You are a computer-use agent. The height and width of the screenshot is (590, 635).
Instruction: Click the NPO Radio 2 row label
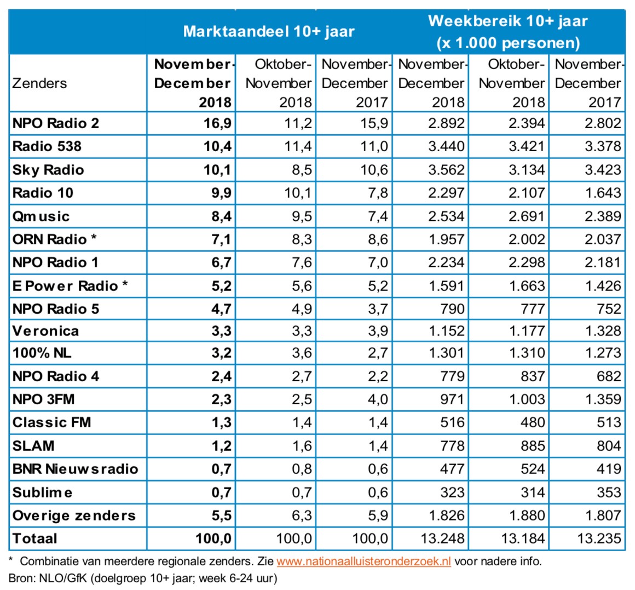click(56, 123)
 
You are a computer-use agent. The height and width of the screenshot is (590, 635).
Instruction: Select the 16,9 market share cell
click(217, 123)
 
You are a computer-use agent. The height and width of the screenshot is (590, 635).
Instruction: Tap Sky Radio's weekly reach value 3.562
click(446, 170)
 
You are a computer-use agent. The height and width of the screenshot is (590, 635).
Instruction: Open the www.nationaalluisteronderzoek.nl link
click(363, 561)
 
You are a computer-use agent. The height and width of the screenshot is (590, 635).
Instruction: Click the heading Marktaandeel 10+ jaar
click(269, 31)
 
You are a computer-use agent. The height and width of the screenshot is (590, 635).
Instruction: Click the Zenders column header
click(39, 83)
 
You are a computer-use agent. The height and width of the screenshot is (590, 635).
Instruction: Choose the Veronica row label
click(45, 331)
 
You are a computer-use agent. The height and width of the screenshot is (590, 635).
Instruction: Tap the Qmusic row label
click(41, 216)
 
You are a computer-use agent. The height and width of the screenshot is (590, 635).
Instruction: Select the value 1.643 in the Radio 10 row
click(602, 193)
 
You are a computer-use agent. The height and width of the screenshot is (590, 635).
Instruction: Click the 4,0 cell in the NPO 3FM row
click(378, 399)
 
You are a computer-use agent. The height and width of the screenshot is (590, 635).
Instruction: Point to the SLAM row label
click(33, 445)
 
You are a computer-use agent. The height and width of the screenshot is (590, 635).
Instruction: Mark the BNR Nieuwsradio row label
click(75, 469)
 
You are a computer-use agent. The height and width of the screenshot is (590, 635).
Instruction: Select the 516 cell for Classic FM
click(452, 422)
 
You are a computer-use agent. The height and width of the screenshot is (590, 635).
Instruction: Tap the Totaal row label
click(34, 539)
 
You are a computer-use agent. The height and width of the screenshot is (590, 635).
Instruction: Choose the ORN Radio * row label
click(55, 239)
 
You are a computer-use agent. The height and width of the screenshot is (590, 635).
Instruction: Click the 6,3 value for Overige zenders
click(302, 515)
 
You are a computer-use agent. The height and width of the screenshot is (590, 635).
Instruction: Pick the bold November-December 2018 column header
click(193, 83)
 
